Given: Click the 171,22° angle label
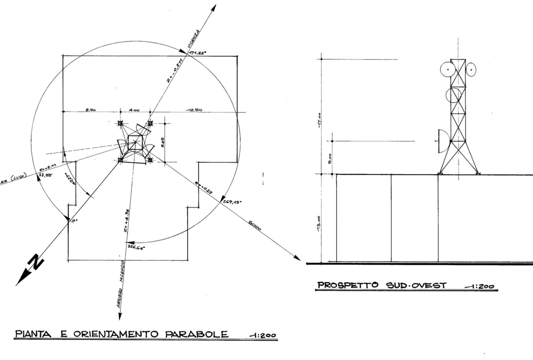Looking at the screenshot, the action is [198, 53].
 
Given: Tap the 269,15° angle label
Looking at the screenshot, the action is [232, 202].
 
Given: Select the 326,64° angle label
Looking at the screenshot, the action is [135, 247].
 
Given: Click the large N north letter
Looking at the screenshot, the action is [36, 262].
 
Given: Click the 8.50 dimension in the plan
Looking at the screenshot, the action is [91, 109].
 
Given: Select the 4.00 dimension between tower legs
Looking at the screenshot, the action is [134, 110].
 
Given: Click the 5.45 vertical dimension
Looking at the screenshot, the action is [163, 142].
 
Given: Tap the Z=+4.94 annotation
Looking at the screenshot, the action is [126, 220].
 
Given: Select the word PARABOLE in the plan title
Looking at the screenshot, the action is [197, 334].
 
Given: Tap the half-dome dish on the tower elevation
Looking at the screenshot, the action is [444, 141].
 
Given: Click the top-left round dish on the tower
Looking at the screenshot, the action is [448, 69].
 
